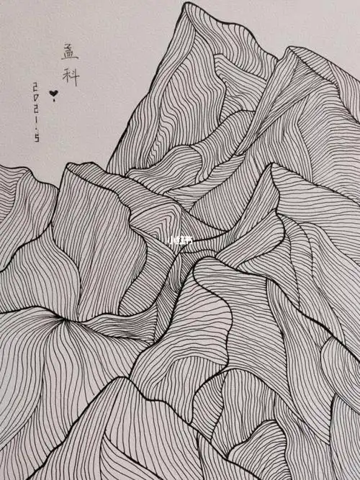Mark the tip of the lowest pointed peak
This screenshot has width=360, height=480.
click(x=115, y=379)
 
